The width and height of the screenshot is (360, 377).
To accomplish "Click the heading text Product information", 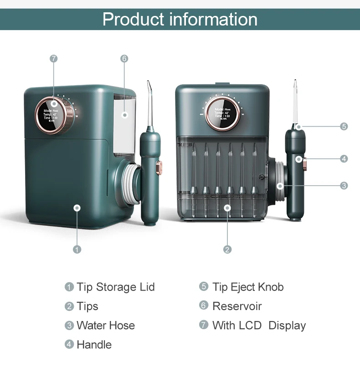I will click(180, 19).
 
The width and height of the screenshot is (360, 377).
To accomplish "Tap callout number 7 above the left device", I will click(54, 58).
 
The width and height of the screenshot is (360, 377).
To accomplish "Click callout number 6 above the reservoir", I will click(124, 58).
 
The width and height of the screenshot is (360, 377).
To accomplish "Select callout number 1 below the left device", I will click(77, 249).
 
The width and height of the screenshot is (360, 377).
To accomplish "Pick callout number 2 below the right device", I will click(227, 249).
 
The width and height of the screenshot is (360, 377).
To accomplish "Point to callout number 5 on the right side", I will click(344, 126).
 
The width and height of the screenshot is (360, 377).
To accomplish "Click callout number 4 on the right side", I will click(344, 158).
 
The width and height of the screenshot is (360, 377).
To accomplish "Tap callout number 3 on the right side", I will click(344, 185).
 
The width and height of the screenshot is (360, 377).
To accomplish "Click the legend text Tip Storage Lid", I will click(116, 287).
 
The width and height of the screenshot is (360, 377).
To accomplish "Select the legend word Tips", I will click(87, 306).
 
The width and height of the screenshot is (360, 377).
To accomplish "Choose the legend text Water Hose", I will click(106, 326).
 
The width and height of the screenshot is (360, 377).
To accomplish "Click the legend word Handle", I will click(94, 345).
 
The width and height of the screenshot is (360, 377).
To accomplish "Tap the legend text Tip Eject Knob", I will click(248, 287).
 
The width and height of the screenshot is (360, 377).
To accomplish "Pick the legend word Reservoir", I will click(237, 306).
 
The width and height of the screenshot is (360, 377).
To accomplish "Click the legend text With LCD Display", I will click(259, 326).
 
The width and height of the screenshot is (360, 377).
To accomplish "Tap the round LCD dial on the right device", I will click(223, 113).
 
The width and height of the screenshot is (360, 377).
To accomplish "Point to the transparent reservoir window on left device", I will click(124, 123).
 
